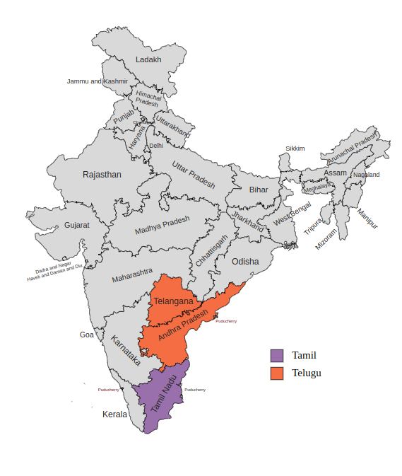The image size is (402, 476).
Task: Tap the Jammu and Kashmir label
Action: (97, 81)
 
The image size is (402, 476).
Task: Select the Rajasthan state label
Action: (102, 175)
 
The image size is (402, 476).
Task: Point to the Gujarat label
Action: (77, 225)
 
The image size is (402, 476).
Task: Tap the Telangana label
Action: (174, 302)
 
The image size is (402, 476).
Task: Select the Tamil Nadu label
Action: (162, 395)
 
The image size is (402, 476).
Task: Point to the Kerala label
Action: (115, 414)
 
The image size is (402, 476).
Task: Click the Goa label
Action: (86, 335)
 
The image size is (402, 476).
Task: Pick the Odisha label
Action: (245, 262)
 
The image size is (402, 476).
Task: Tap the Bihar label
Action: (259, 190)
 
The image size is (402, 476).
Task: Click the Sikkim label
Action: (295, 149)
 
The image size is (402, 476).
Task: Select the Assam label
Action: (335, 173)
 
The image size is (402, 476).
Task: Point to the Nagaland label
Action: (366, 175)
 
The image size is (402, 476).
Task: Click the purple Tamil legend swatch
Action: (277, 355)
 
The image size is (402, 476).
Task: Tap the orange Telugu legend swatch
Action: (277, 373)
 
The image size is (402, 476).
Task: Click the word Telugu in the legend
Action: (307, 373)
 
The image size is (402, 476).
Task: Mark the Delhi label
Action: (155, 146)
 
